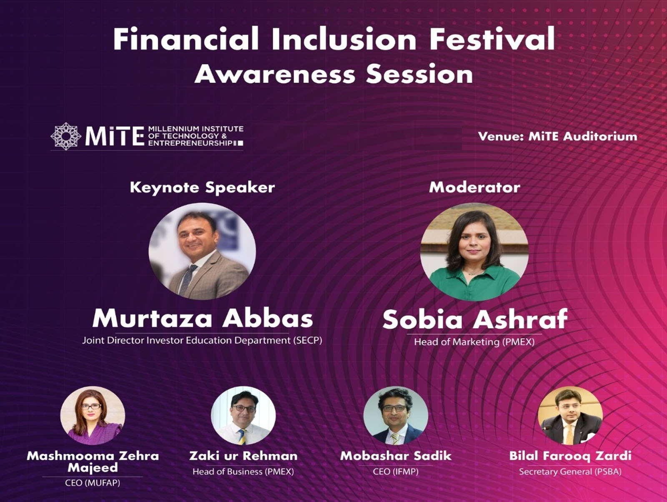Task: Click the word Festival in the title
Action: click(492, 39)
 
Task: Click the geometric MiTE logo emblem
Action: click(66, 136)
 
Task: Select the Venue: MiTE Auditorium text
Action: click(558, 137)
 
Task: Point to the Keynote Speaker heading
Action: click(202, 187)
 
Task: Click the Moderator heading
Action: click(475, 188)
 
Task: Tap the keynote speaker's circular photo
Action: click(202, 251)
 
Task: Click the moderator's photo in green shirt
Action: click(474, 252)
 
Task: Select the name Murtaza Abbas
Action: click(202, 318)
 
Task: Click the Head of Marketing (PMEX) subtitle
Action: click(474, 342)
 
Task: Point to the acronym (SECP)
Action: click(308, 340)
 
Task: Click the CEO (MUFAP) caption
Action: click(93, 483)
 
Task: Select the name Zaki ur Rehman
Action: click(243, 456)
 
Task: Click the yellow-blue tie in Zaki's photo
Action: click(242, 437)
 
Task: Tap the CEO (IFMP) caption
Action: click(396, 472)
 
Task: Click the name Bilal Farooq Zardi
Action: click(570, 456)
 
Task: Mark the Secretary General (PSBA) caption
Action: click(570, 472)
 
